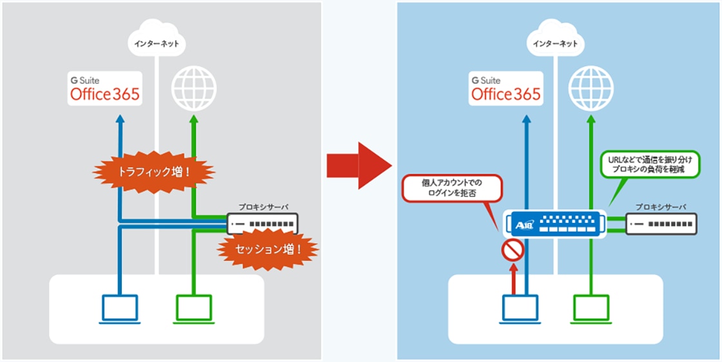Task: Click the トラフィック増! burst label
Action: point(153,173)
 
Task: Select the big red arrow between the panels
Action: point(358,166)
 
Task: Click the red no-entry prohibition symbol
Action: point(513,251)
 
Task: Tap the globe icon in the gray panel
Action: point(194,88)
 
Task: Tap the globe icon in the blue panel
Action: point(590,88)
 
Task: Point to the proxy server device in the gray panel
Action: point(262,224)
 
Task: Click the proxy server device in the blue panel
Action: point(661,224)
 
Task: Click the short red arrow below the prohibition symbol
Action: point(513,278)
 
